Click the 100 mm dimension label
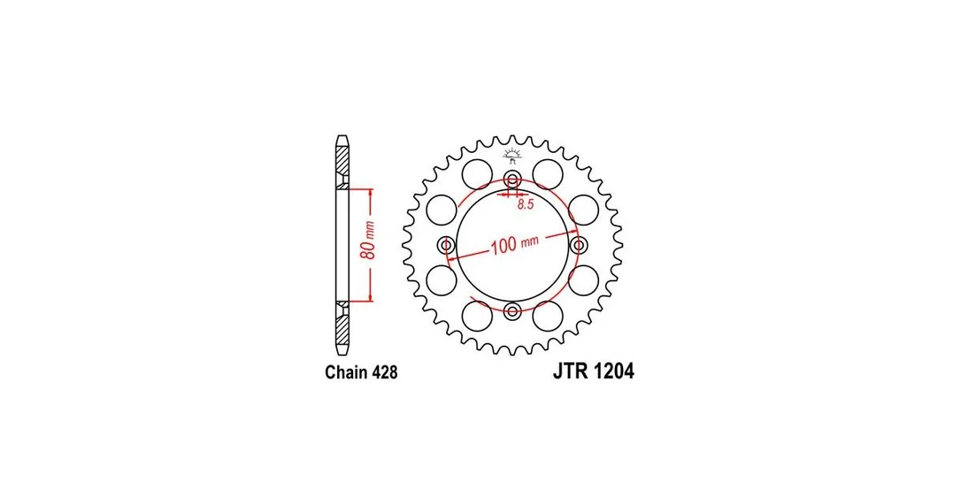click(514, 244)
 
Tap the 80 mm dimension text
click(368, 240)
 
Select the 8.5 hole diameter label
click(526, 204)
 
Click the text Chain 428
click(361, 372)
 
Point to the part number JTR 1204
click(593, 371)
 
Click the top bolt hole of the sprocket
click(512, 180)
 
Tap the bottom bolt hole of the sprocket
click(512, 309)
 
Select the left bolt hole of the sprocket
click(447, 246)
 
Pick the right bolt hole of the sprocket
click(578, 246)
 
